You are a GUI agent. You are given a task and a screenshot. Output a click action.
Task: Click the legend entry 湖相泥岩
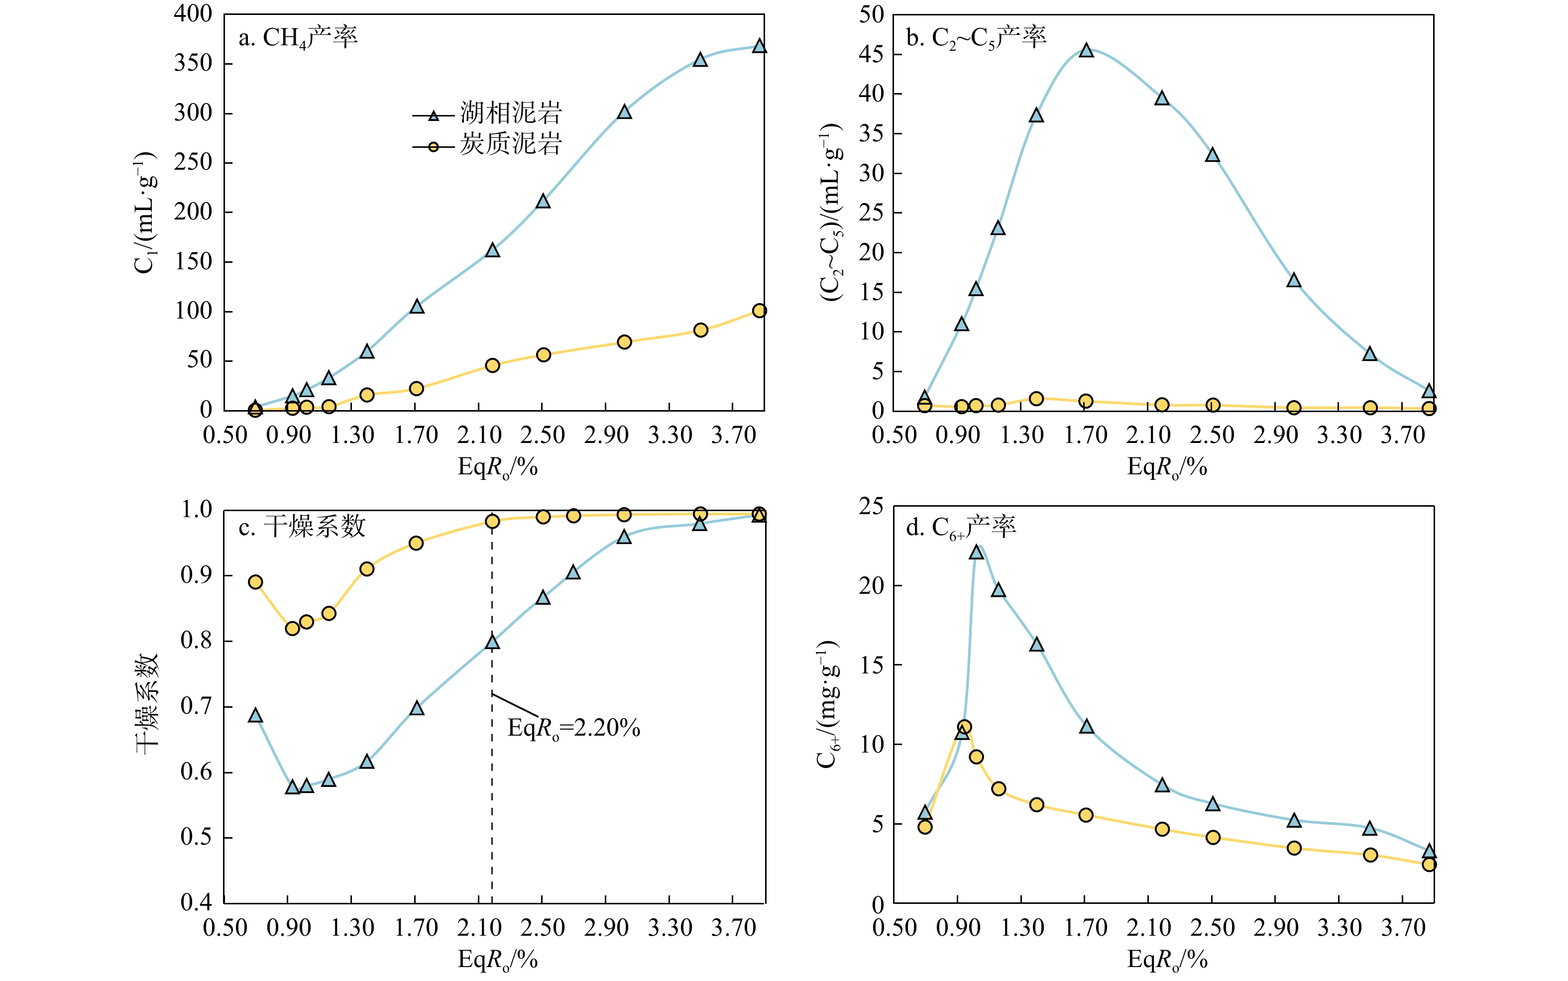pyautogui.click(x=511, y=113)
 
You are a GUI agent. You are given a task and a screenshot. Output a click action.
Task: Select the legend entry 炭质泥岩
pyautogui.click(x=511, y=144)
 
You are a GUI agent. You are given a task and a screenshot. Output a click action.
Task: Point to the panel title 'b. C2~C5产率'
pyautogui.click(x=976, y=38)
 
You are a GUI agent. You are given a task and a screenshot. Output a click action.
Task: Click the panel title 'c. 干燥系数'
pyautogui.click(x=302, y=527)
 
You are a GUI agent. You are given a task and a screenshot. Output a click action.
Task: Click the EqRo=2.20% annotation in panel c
pyautogui.click(x=573, y=728)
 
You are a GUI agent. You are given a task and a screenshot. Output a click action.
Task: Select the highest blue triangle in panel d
pyautogui.click(x=976, y=552)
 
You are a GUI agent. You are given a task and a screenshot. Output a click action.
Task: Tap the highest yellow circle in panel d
pyautogui.click(x=965, y=727)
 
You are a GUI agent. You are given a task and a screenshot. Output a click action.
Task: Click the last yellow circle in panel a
pyautogui.click(x=759, y=311)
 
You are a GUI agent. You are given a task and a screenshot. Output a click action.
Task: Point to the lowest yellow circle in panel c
pyautogui.click(x=293, y=628)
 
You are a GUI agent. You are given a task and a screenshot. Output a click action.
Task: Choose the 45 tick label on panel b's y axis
pyautogui.click(x=871, y=54)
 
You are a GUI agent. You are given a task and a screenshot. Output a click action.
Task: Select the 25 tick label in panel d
pyautogui.click(x=871, y=507)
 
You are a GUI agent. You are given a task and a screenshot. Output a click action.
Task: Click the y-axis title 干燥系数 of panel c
pyautogui.click(x=147, y=704)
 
